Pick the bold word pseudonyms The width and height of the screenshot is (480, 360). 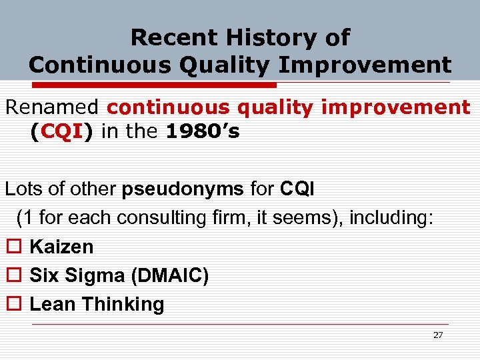click(x=183, y=189)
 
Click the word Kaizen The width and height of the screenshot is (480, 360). click(x=62, y=247)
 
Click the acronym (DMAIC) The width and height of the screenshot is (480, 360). click(x=171, y=275)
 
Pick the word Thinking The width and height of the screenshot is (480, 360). click(x=123, y=304)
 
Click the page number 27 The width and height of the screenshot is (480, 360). click(x=437, y=335)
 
